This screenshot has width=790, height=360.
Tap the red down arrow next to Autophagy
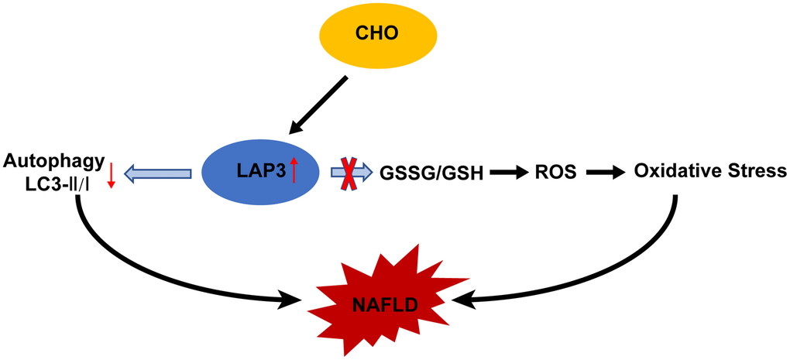[x=112, y=175]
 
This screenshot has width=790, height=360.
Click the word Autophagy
[x=53, y=161]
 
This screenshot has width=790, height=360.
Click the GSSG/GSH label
[x=431, y=173]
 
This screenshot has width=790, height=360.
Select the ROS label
[x=555, y=173]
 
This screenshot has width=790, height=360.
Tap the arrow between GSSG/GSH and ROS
[x=507, y=173]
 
